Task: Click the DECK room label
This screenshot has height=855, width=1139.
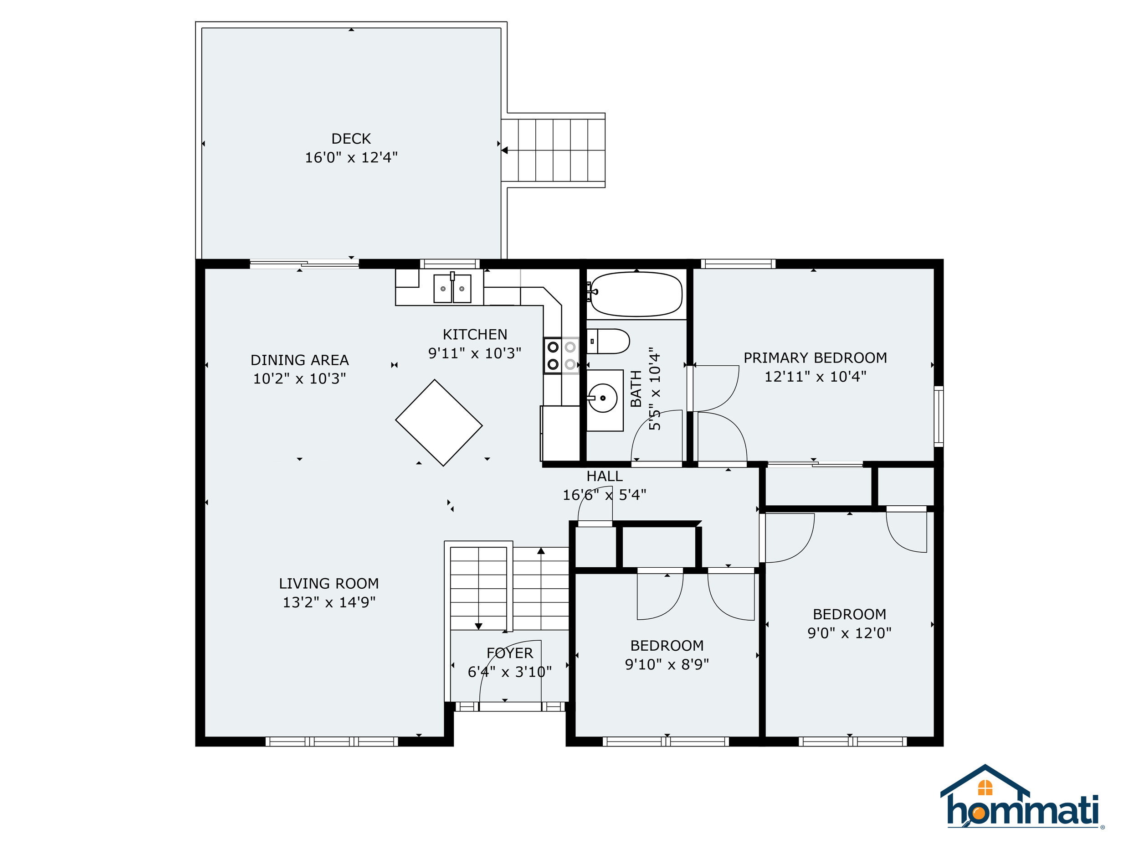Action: pos(351,139)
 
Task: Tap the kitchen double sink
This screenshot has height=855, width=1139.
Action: pos(452,288)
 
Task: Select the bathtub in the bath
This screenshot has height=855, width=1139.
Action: pos(636,294)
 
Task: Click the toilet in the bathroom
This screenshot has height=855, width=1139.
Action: pos(608,341)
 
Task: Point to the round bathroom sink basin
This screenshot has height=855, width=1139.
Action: pos(602,398)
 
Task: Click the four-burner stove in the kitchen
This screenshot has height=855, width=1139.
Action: pos(562,356)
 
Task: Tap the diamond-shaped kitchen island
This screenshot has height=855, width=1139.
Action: pos(439,423)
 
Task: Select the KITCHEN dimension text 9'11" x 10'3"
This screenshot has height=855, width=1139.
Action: pos(475,353)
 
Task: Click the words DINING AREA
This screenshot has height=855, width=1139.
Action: pos(300,360)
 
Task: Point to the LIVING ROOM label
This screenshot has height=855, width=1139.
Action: pos(329,583)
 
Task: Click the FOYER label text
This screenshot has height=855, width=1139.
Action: pos(510,653)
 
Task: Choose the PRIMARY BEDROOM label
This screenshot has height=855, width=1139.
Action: pos(815,358)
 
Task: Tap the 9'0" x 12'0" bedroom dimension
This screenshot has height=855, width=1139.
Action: pos(849,633)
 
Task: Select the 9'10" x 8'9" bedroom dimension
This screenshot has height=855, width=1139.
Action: pos(667,664)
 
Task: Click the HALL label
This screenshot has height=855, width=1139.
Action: pos(605,476)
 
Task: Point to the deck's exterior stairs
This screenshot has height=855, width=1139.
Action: pos(554,150)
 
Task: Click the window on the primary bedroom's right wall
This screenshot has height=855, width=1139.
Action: pos(939,416)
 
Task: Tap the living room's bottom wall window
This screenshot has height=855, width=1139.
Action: pos(332,741)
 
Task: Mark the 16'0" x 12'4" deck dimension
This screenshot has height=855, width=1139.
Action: pos(351,157)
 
